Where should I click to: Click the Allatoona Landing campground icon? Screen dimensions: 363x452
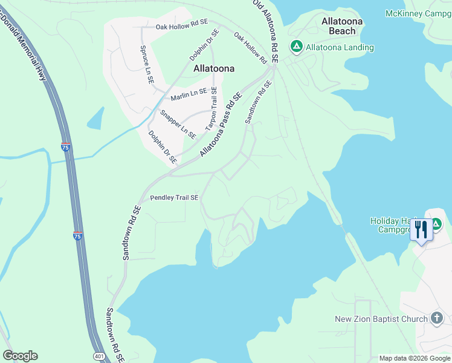tap(296, 47)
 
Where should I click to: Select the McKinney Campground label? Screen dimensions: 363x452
tap(418, 13)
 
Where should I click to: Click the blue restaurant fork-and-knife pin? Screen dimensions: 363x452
tap(421, 229)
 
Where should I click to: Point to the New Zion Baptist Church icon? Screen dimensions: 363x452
tap(437, 318)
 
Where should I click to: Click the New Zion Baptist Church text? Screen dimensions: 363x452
tap(381, 319)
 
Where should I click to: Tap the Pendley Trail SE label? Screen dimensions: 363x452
tap(174, 198)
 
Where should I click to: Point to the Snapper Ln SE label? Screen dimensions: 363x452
tap(178, 124)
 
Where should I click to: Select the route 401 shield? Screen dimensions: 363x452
tap(100, 356)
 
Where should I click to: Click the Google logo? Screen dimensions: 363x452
tap(20, 356)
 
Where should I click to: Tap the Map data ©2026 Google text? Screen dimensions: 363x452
tap(414, 358)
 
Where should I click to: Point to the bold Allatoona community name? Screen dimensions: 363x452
tap(213, 68)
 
